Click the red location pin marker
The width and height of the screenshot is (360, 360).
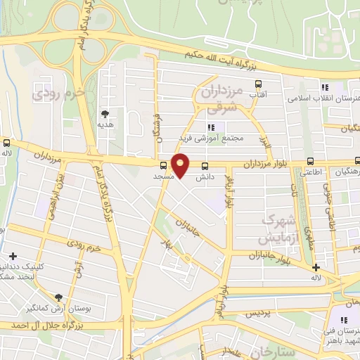tap(181, 165)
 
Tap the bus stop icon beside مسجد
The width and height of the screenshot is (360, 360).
tap(164, 166)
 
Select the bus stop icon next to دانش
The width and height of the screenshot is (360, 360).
tap(205, 166)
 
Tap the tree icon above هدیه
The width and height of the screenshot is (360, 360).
tap(105, 112)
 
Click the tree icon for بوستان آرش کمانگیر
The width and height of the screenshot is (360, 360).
tap(59, 297)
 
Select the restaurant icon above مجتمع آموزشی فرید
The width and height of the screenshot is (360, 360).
tap(211, 127)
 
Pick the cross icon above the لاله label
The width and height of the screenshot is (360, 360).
tap(316, 267)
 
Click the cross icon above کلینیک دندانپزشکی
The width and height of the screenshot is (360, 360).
tap(13, 256)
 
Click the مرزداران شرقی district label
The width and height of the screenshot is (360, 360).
tap(226, 99)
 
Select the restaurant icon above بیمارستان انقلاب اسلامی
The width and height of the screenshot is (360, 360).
tap(325, 87)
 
